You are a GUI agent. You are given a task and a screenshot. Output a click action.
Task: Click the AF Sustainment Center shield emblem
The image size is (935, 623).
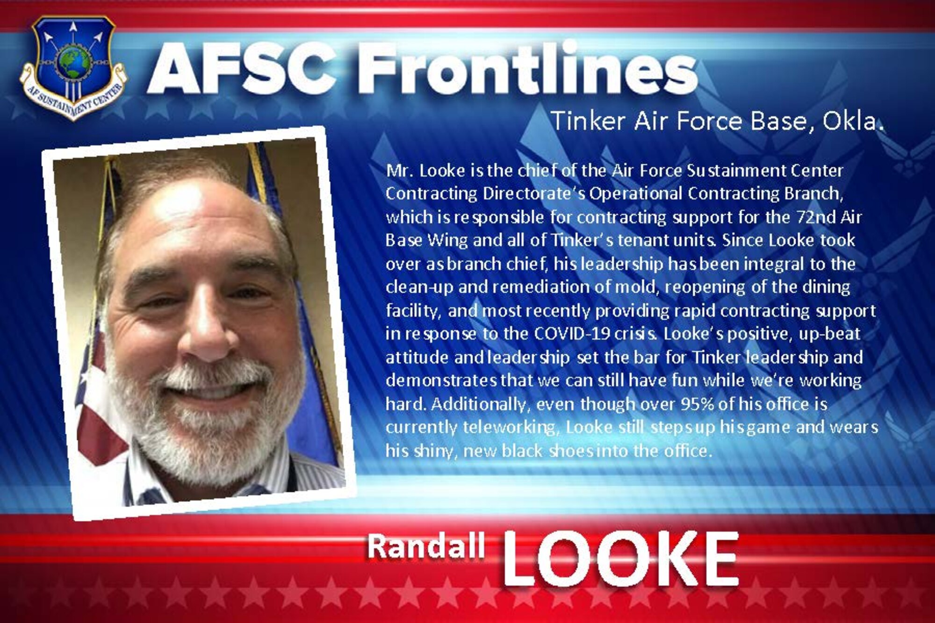[x=73, y=68]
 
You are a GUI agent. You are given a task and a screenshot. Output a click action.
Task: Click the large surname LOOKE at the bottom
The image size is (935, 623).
[x=620, y=559]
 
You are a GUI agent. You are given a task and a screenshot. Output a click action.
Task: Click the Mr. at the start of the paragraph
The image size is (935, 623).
[x=399, y=171]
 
